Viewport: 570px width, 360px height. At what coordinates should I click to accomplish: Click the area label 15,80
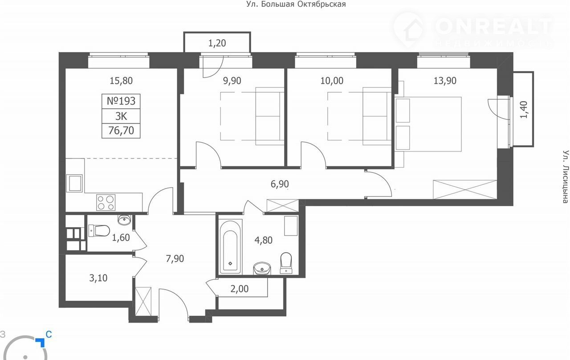pos(121,81)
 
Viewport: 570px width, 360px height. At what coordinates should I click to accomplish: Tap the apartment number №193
pos(121,101)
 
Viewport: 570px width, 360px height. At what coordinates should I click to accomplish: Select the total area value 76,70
pos(121,131)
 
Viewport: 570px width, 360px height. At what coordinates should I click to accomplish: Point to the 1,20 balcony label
pos(217,43)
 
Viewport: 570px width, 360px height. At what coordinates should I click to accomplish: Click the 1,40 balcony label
pos(523,110)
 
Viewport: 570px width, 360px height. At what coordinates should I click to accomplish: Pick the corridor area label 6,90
pos(280,184)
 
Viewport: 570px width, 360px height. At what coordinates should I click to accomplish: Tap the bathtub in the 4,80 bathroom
pos(230,247)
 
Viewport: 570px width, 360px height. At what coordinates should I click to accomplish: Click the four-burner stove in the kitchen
pos(106,202)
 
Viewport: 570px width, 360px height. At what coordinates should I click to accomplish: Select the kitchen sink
pos(74,183)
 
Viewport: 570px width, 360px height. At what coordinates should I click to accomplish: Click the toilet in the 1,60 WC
pos(99,231)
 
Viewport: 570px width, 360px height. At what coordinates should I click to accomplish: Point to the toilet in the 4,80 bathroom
pos(286,263)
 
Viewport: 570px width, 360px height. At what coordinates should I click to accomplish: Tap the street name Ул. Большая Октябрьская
pos(296,4)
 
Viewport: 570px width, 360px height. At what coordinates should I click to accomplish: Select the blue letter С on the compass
pos(49,334)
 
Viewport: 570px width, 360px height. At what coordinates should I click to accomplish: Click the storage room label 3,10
pos(98,278)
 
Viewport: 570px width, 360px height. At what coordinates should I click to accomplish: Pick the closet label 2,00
pos(240,289)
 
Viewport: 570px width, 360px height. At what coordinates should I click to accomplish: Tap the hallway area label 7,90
pos(175,259)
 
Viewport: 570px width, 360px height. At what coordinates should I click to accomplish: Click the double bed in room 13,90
pos(428,124)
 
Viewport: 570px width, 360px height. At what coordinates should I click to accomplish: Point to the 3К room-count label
pos(121,116)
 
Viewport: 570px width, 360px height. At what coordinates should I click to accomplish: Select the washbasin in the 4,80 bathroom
pos(262,269)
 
